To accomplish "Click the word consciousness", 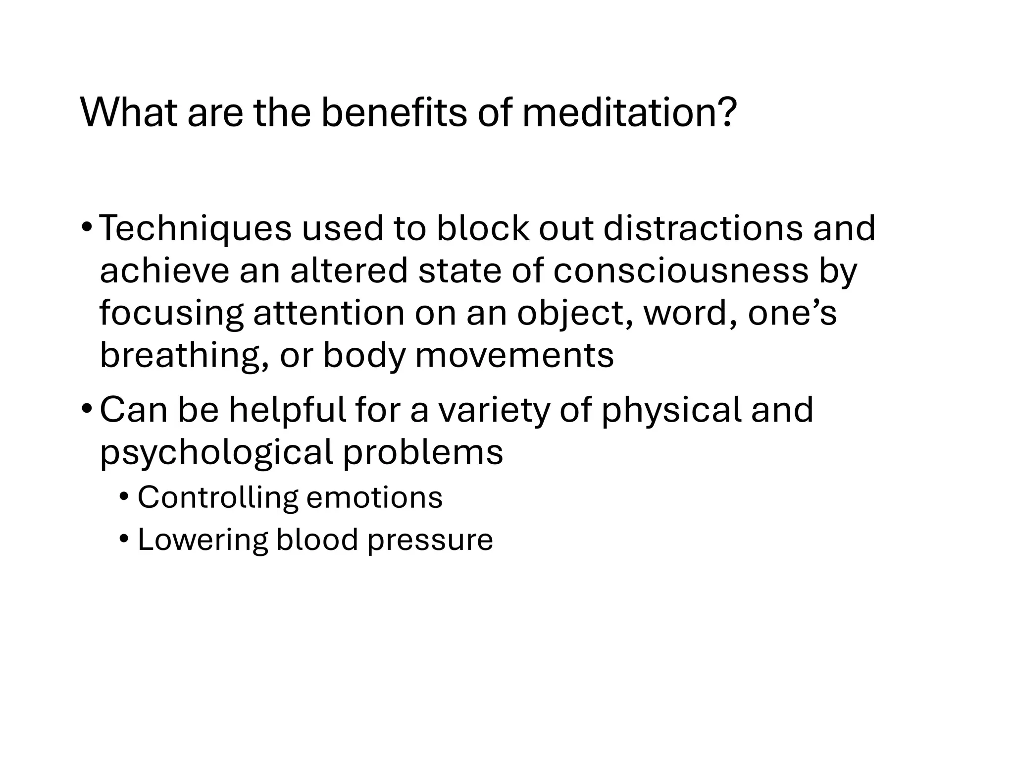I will [680, 271].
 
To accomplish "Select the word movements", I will [514, 356].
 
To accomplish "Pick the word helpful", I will [287, 410].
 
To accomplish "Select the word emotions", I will [374, 497].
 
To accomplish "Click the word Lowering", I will [203, 540].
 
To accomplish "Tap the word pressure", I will [430, 541].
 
